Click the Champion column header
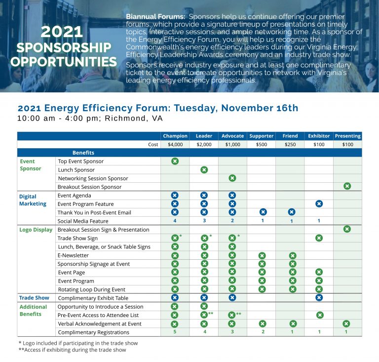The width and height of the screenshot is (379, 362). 175,136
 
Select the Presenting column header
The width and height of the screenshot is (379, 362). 347,136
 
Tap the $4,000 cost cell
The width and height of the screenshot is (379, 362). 175,144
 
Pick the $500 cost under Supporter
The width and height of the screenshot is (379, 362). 262,144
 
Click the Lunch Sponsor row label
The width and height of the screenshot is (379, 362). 76,170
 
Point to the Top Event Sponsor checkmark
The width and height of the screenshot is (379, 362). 175,161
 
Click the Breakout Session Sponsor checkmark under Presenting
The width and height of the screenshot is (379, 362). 347,186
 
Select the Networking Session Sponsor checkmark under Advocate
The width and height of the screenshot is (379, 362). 232,178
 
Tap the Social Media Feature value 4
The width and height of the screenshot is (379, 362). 175,221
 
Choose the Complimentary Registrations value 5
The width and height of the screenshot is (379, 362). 175,332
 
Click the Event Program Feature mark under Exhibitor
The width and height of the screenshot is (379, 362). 319,203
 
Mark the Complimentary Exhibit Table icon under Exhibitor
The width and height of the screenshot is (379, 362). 319,298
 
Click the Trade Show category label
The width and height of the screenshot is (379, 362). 34,298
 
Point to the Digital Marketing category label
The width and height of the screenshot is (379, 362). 33,200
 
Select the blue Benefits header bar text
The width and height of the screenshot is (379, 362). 83,153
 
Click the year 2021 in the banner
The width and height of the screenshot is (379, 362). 62,31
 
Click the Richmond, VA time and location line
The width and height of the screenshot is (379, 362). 90,119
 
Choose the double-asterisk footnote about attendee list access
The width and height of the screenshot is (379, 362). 72,350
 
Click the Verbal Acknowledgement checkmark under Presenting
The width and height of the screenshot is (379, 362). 346,323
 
